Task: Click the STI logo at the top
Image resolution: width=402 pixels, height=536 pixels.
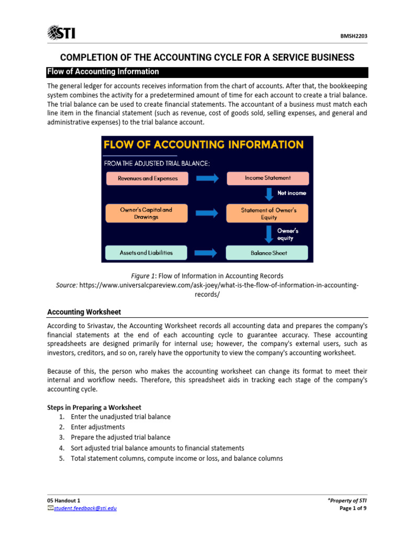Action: tap(61, 33)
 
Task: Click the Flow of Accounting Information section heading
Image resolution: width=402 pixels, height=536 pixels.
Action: tap(103, 72)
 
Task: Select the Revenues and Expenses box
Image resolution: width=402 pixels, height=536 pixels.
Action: tap(148, 178)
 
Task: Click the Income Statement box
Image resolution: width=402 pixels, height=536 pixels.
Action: tap(267, 178)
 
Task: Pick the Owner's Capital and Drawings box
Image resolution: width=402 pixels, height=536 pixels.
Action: tap(146, 213)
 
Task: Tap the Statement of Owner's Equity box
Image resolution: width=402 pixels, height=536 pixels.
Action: tap(267, 213)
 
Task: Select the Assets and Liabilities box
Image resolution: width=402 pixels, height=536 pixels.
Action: tap(146, 252)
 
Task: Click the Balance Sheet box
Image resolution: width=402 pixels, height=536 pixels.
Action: tap(267, 253)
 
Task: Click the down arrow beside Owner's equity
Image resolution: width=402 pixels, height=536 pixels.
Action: tap(269, 233)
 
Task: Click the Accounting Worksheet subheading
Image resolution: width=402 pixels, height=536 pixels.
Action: tap(84, 312)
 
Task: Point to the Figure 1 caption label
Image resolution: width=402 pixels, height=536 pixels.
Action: tap(142, 276)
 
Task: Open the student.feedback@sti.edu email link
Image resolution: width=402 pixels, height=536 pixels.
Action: tap(85, 508)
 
